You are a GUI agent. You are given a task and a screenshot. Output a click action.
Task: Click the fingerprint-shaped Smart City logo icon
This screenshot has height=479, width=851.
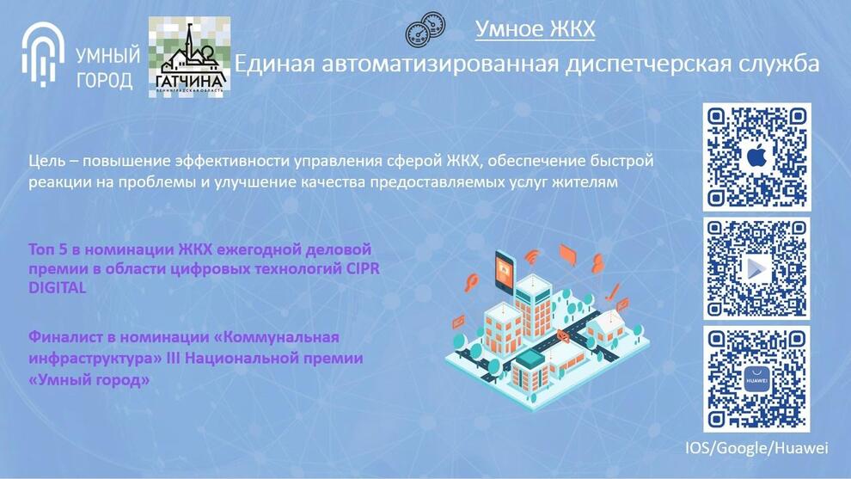click(43, 54)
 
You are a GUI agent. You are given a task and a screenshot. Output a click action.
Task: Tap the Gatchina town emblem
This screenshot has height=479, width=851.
click(189, 57)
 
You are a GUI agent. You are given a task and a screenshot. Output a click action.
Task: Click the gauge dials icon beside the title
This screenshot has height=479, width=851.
click(425, 29)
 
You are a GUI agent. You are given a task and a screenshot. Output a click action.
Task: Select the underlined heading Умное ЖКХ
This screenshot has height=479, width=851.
click(536, 28)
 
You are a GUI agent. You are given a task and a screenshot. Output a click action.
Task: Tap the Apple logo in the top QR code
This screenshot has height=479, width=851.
click(757, 157)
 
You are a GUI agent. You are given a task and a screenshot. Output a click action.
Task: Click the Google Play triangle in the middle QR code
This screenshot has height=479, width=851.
click(756, 269)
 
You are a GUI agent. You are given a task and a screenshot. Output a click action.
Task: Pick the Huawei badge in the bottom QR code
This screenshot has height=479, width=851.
click(756, 380)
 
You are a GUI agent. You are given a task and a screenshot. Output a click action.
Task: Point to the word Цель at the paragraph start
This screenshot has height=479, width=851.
click(47, 162)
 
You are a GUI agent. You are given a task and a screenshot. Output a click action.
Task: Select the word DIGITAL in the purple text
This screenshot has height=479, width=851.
click(58, 287)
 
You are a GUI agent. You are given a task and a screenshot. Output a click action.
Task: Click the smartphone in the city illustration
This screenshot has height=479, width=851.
click(505, 269)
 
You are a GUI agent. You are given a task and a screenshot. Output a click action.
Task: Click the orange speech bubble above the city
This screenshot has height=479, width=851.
click(566, 254)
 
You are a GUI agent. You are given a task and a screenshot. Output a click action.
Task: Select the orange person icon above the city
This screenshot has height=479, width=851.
click(597, 263)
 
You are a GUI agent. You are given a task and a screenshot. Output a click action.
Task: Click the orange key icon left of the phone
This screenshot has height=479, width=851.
click(471, 282)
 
